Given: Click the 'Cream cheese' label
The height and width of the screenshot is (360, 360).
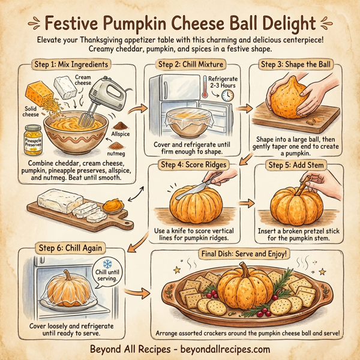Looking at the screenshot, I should click(x=83, y=80).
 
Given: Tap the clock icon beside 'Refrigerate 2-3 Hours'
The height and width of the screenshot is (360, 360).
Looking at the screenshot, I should click(x=227, y=95).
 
